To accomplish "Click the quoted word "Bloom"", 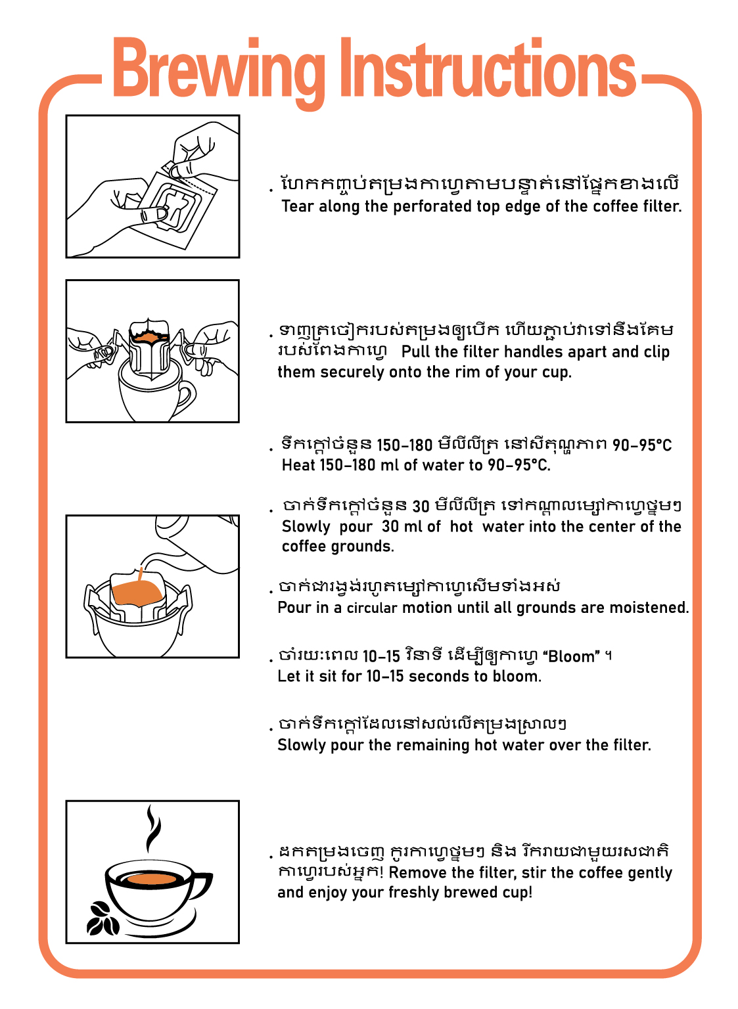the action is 570,656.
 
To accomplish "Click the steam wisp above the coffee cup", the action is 152,830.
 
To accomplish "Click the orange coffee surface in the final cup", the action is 151,879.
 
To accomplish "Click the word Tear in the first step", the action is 297,206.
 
